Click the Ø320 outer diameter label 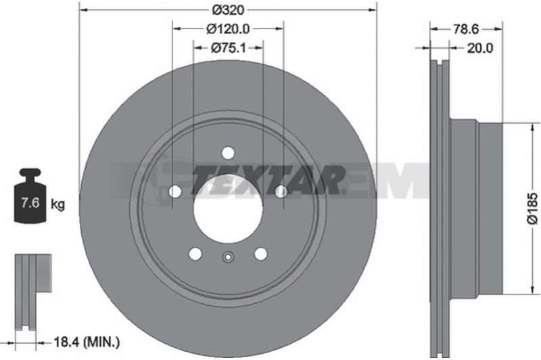[x=228, y=10]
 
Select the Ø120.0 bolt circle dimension [x=228, y=29]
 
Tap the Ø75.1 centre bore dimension [x=229, y=48]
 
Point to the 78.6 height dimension [x=466, y=29]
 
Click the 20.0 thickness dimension [x=480, y=48]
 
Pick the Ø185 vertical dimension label [x=533, y=208]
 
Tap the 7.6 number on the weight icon [x=30, y=202]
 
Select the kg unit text [x=57, y=204]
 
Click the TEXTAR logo [x=267, y=181]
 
